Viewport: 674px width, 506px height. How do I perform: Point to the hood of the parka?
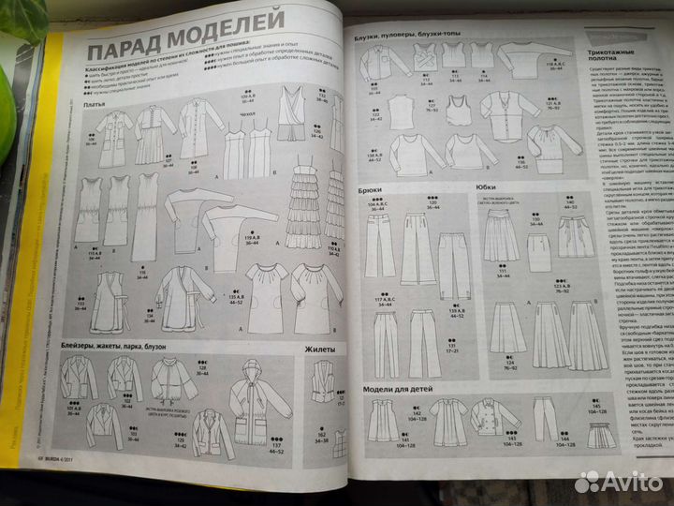[x=252, y=375]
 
